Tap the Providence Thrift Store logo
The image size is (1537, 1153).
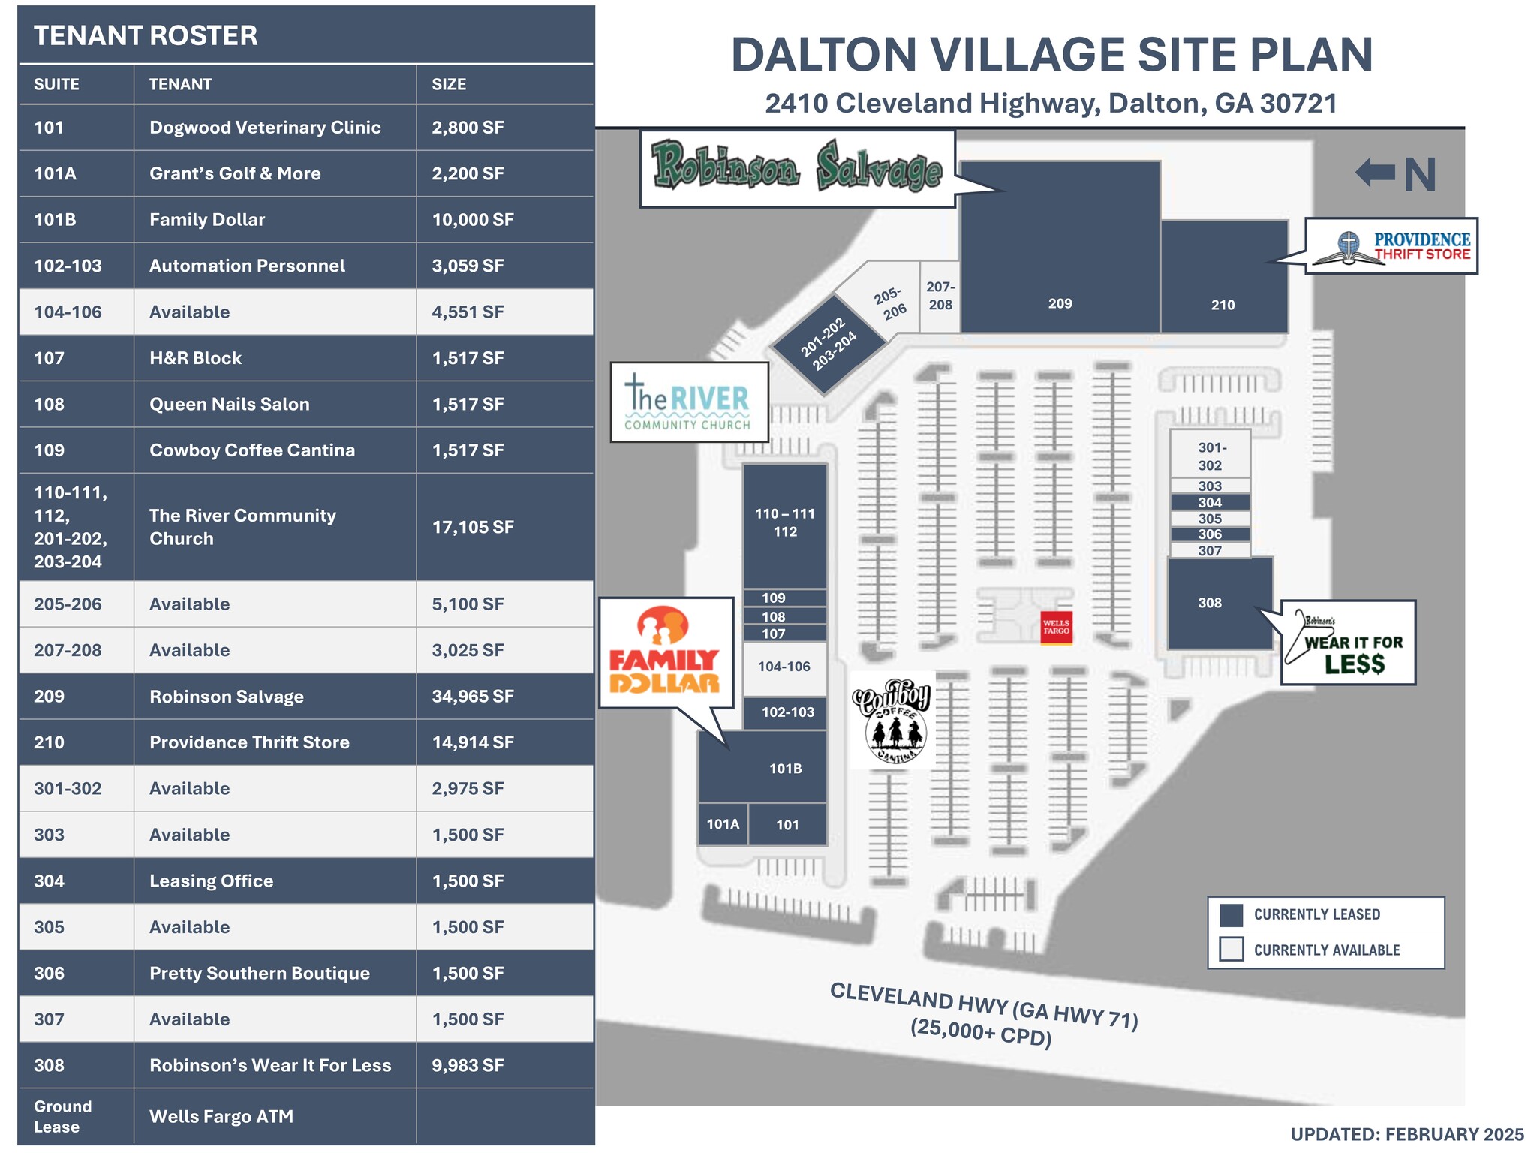coord(1391,246)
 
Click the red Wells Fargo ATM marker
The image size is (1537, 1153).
coord(1056,627)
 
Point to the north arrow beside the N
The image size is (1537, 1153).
coord(1375,173)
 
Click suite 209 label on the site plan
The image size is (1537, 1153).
coord(1060,303)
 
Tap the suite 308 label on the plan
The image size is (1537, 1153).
coord(1209,603)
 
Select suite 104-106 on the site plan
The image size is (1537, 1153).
coord(784,667)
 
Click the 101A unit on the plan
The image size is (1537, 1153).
coord(723,824)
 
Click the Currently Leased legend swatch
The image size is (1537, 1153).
coord(1232,915)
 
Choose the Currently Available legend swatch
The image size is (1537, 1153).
coord(1232,950)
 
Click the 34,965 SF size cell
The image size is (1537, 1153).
coord(473,697)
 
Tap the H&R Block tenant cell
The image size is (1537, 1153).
coord(195,358)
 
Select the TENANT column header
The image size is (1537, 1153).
coord(180,84)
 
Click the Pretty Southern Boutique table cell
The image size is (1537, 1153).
coord(260,974)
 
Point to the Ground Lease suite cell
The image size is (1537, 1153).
coord(63,1116)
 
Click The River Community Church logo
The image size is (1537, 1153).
coord(689,402)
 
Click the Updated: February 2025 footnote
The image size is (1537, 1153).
coord(1406,1134)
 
